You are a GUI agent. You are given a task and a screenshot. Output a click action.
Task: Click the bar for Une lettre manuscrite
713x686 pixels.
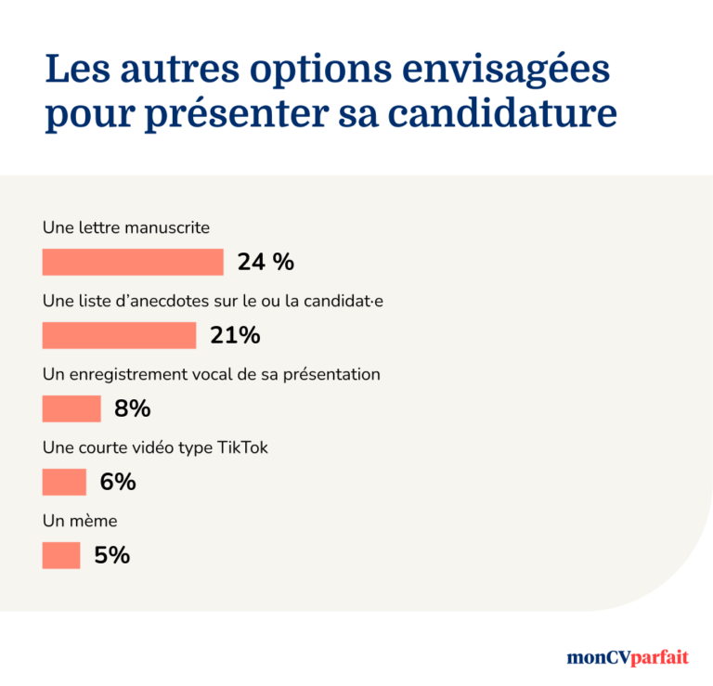(x=133, y=263)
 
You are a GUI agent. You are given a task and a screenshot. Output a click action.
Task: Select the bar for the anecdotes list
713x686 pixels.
(x=119, y=335)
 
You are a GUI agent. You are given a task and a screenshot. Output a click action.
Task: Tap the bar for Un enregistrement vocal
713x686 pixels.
(x=71, y=408)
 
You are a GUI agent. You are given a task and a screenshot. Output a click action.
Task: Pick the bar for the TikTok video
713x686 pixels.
(x=64, y=482)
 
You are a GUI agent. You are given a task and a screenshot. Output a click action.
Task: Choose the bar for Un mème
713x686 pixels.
(x=61, y=555)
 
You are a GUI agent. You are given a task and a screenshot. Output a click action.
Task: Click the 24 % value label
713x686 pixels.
(x=266, y=263)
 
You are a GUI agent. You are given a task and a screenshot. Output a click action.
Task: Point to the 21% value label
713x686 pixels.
(x=235, y=335)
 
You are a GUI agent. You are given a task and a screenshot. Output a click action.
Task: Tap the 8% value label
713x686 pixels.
(x=132, y=408)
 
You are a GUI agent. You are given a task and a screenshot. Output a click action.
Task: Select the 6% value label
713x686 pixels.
(x=118, y=482)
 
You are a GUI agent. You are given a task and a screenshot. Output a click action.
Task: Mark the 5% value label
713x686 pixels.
(x=111, y=555)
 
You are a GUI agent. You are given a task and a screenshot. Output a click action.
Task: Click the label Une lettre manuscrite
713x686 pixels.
(x=126, y=227)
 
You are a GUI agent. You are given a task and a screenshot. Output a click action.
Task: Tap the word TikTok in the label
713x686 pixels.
(x=242, y=447)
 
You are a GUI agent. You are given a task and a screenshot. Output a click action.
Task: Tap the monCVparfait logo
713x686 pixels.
(x=628, y=657)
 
